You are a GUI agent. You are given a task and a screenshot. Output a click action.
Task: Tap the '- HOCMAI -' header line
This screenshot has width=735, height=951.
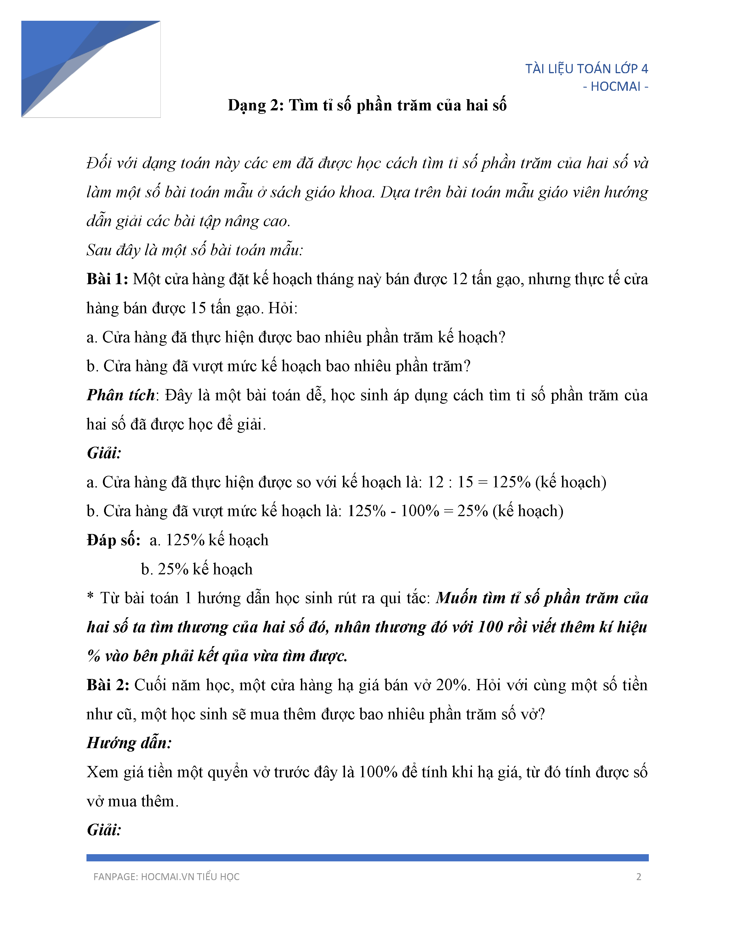[x=615, y=87]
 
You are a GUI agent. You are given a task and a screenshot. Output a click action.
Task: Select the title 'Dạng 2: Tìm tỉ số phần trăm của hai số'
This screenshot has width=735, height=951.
[x=367, y=105]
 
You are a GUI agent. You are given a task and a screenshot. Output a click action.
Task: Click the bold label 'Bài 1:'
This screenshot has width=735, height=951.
[x=107, y=279]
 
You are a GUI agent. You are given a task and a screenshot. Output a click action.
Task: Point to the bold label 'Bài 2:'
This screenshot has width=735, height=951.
[x=108, y=685]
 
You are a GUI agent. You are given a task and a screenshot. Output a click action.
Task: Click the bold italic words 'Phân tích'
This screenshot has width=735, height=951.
[x=120, y=395]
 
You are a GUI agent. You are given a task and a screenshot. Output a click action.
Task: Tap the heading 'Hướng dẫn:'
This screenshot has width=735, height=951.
[x=129, y=743]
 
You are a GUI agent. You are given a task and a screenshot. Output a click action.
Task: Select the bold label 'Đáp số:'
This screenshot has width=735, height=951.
[x=114, y=540]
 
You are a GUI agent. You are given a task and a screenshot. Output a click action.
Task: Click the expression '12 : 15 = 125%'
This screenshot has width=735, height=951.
[x=478, y=482]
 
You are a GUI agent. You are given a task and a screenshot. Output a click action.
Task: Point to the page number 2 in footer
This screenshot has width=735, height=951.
[x=638, y=877]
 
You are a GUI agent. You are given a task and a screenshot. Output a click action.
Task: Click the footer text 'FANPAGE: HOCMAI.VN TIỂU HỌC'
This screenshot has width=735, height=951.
[x=166, y=877]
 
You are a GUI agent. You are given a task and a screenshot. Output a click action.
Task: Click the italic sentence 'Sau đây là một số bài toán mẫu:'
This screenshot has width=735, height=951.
[x=194, y=250]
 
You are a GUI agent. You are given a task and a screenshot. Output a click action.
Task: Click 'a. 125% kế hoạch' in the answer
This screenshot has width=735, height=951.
[x=209, y=540]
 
